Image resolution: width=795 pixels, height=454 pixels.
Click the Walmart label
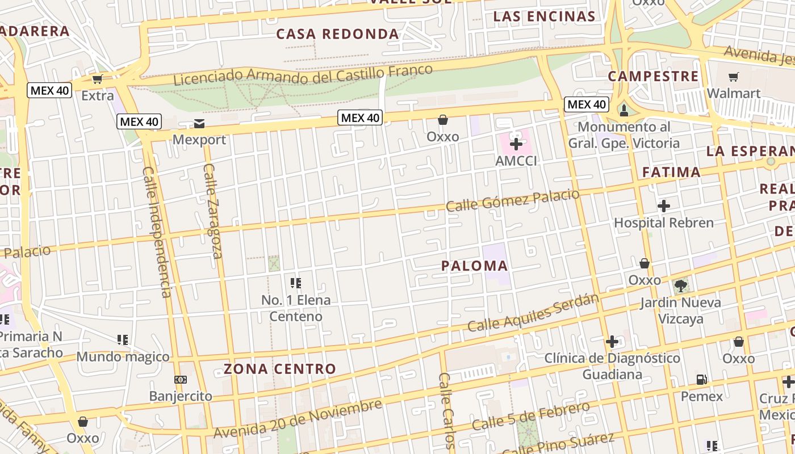pyautogui.click(x=733, y=93)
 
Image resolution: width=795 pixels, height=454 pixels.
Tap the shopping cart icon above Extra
pyautogui.click(x=98, y=79)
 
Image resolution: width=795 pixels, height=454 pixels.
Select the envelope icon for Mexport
pyautogui.click(x=199, y=123)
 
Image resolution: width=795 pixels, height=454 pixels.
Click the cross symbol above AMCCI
pyautogui.click(x=516, y=144)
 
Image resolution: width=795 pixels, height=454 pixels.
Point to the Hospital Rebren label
pyautogui.click(x=663, y=222)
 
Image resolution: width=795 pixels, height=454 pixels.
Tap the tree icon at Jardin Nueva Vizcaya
pyautogui.click(x=680, y=285)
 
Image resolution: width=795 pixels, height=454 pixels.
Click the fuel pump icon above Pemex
pyautogui.click(x=702, y=380)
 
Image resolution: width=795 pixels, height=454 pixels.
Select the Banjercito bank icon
pyautogui.click(x=180, y=379)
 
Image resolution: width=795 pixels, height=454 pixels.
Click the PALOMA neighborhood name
pyautogui.click(x=474, y=266)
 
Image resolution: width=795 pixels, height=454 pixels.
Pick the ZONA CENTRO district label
pyautogui.click(x=280, y=369)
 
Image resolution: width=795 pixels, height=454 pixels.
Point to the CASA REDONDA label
pyautogui.click(x=337, y=34)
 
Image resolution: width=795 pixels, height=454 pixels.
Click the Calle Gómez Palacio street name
pyautogui.click(x=512, y=200)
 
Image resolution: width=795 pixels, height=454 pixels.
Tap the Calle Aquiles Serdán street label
pyautogui.click(x=533, y=313)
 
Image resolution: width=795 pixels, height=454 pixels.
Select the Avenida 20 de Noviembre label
pyautogui.click(x=298, y=419)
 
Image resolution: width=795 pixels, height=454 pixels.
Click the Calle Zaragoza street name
pyautogui.click(x=212, y=211)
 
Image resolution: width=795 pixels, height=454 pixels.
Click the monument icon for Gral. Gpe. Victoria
pyautogui.click(x=624, y=110)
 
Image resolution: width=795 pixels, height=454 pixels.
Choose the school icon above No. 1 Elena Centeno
pyautogui.click(x=295, y=283)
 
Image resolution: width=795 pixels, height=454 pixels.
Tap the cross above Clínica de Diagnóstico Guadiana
pyautogui.click(x=612, y=342)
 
